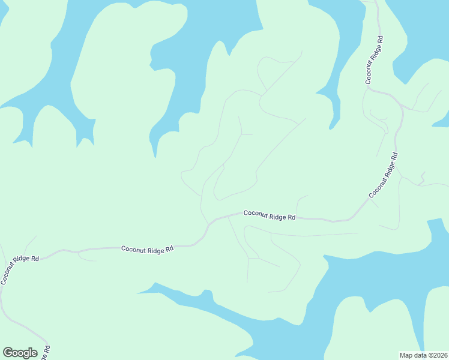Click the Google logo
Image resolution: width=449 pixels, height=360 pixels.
click(20, 353)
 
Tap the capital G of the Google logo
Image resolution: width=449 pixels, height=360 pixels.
click(8, 353)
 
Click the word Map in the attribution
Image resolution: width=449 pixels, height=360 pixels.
click(406, 355)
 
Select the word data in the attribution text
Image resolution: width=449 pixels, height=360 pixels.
click(420, 355)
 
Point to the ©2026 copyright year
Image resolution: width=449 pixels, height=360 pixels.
click(437, 355)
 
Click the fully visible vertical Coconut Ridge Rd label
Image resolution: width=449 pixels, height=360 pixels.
click(374, 59)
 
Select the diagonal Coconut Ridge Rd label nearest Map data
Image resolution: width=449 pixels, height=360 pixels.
click(384, 175)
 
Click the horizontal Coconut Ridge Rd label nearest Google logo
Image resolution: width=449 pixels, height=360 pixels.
click(147, 248)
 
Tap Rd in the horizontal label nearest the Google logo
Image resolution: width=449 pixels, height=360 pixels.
click(169, 248)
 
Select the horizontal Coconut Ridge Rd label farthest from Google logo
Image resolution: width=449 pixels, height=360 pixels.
click(270, 215)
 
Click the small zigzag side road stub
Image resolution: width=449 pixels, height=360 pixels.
click(423, 176)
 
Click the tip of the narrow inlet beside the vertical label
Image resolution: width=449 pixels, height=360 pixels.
click(330, 128)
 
